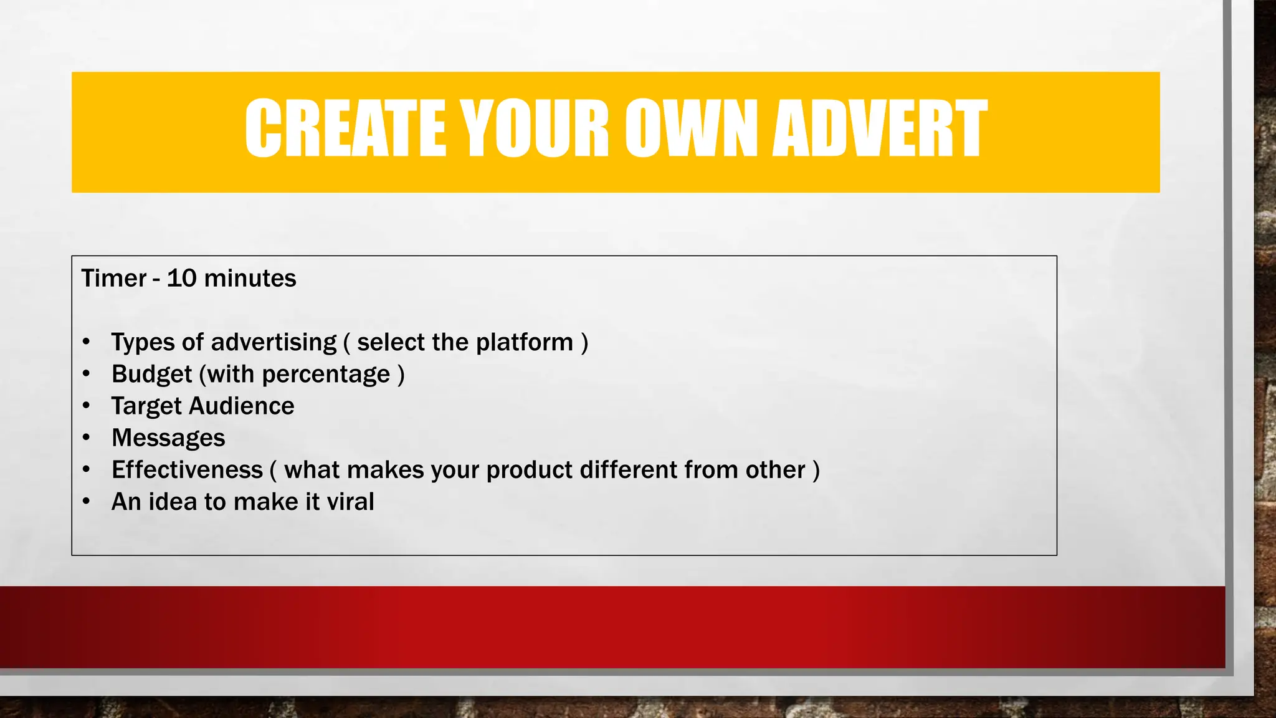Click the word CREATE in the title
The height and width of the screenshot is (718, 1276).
coord(346,129)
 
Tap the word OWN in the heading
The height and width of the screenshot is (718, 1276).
coord(692,129)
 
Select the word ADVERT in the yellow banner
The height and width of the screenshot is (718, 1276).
coord(880,129)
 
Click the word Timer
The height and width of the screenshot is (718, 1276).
coord(114,278)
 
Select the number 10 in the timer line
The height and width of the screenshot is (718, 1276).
coord(181,278)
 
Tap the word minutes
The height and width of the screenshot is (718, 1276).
coord(250,278)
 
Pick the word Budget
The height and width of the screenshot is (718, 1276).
coord(151,374)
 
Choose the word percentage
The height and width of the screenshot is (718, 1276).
coord(326,375)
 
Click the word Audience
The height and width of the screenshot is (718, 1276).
coord(242,406)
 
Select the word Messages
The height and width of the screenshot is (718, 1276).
coord(168,438)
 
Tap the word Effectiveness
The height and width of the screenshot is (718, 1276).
coord(187,470)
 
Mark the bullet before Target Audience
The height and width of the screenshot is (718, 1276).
coord(87,406)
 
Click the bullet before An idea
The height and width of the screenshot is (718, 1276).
coord(87,502)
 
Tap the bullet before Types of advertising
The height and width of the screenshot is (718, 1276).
coord(87,342)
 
